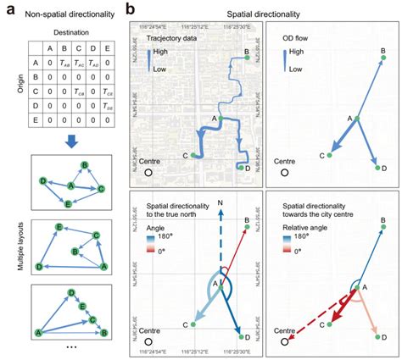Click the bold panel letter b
click(x=129, y=10)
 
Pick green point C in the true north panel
click(x=193, y=324)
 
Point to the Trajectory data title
click(x=174, y=37)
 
